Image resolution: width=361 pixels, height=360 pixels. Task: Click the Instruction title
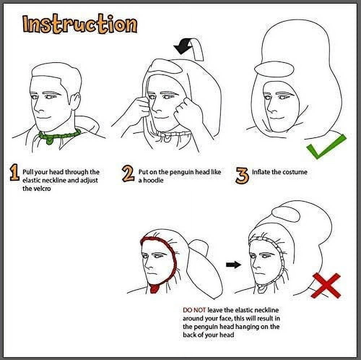tap(80, 24)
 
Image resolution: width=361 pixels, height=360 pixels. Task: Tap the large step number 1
tap(14, 172)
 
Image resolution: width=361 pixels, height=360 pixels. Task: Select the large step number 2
tap(128, 173)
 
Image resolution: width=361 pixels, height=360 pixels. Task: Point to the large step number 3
tap(242, 176)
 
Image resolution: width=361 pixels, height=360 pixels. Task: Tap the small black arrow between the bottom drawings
tap(234, 265)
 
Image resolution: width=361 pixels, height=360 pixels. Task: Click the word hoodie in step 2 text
tap(153, 180)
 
